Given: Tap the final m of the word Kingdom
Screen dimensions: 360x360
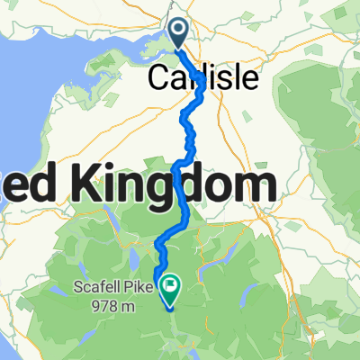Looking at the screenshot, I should coord(254,188).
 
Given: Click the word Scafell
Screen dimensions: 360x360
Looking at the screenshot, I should coord(96,289).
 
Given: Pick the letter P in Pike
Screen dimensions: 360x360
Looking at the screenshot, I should coord(128,289).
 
